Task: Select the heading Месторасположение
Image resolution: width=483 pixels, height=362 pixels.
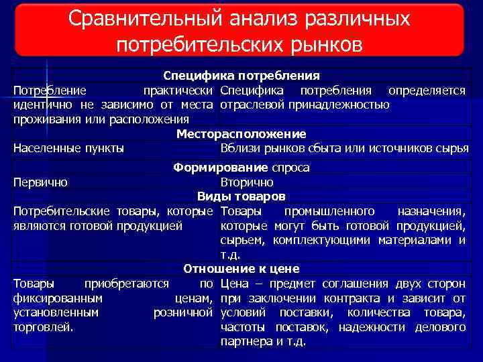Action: [241, 134]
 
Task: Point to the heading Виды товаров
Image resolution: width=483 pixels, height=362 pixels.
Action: [241, 196]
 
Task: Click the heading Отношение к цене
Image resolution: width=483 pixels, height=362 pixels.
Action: [241, 269]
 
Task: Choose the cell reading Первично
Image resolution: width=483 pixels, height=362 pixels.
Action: [40, 182]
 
